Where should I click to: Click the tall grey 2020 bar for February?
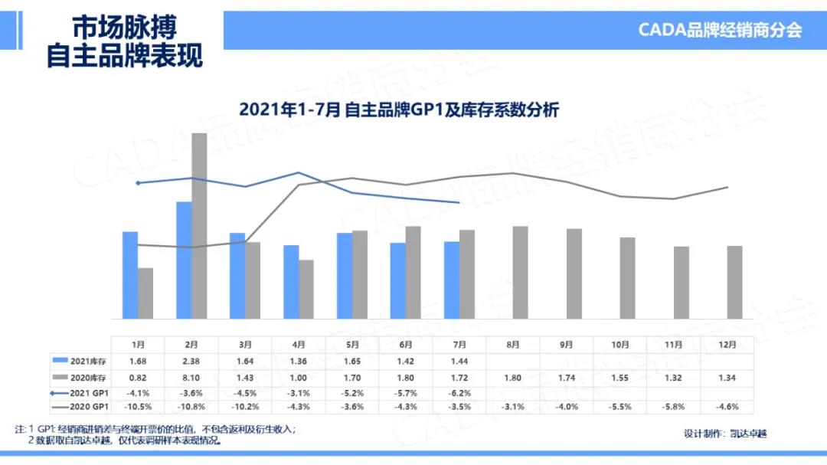(199, 226)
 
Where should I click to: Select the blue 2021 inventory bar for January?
(130, 274)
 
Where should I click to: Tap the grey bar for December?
(734, 281)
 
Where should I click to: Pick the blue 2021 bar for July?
(452, 280)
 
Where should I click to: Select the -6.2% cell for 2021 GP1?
(459, 393)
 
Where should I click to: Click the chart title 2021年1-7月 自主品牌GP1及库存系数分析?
(399, 110)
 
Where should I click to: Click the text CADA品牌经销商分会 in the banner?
(720, 30)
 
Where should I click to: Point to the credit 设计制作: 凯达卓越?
(724, 434)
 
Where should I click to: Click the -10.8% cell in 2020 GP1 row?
(192, 407)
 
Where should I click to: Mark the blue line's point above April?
(299, 172)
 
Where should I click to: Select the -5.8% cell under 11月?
(673, 407)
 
